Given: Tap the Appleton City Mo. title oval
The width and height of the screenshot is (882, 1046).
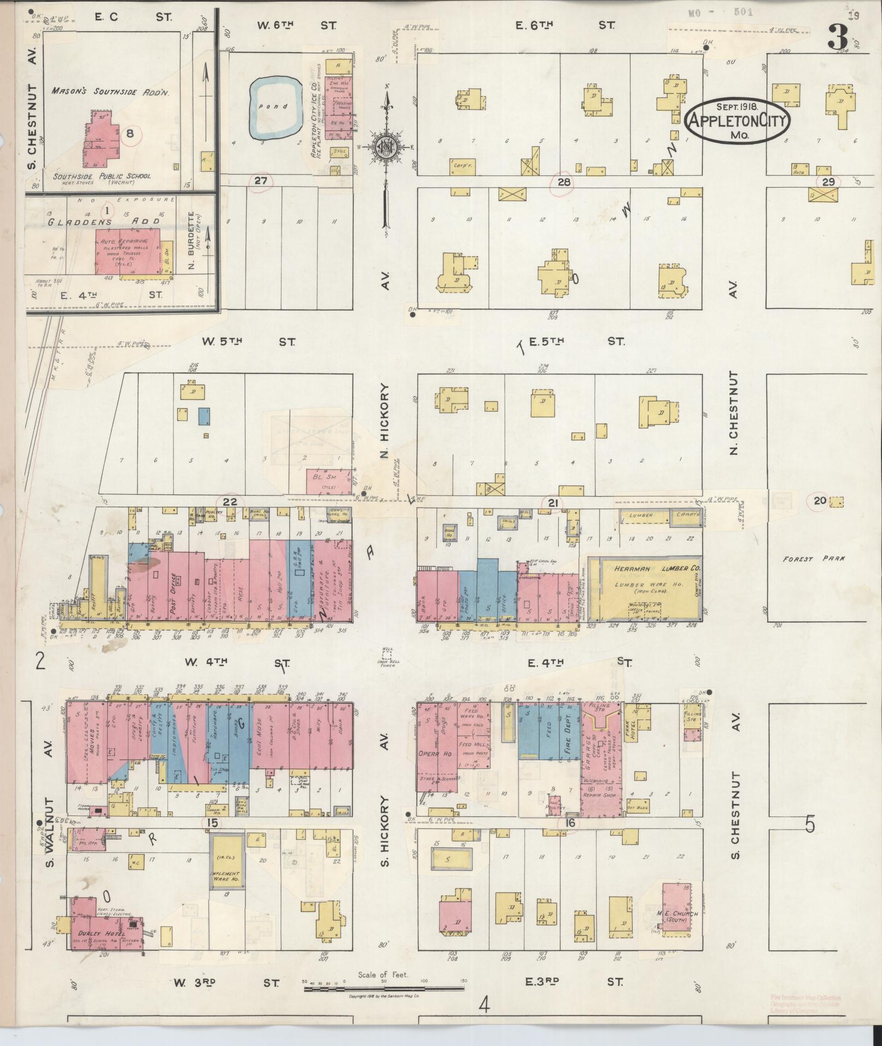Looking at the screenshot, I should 738,121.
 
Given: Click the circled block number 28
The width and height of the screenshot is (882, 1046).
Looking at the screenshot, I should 564,182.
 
